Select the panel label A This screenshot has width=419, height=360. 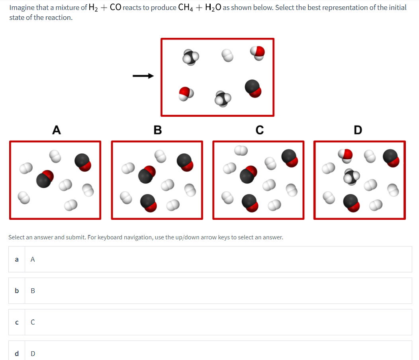57,130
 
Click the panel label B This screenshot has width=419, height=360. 157,130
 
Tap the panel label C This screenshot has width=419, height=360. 259,130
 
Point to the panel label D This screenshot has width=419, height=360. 358,130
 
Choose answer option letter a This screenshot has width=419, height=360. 16,259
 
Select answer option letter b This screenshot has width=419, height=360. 16,291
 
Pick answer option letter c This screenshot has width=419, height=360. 16,322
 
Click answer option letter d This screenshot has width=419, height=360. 16,353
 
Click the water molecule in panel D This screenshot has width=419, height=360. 346,154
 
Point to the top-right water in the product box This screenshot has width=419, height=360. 258,52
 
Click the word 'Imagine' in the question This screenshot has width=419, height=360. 22,8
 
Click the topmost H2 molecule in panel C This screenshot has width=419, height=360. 241,150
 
